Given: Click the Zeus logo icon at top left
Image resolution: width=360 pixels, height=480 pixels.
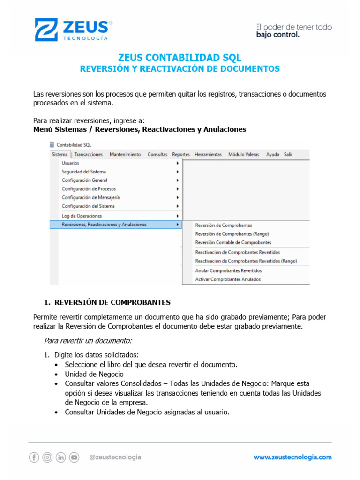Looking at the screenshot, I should (46, 30).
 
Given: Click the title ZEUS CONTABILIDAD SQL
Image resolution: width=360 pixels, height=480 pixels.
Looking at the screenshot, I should (180, 58).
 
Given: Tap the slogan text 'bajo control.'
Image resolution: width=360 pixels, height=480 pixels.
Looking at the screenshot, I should (277, 35).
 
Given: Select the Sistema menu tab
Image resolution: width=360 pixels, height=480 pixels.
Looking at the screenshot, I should (60, 155).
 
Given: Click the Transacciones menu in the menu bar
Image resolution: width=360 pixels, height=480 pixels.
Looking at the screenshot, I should (89, 155).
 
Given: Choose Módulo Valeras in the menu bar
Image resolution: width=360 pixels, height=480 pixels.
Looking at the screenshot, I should (243, 155).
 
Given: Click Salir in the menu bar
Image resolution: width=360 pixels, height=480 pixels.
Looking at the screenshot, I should (288, 155).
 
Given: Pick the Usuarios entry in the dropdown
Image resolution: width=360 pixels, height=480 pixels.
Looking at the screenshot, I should (70, 163).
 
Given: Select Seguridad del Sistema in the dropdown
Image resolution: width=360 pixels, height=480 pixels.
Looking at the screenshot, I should (84, 172).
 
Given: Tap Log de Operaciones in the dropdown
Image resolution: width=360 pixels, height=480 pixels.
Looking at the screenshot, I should (82, 216).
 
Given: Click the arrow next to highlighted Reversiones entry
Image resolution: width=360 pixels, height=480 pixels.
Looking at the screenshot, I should (177, 225).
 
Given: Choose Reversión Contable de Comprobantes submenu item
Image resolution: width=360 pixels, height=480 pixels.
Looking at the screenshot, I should (233, 242).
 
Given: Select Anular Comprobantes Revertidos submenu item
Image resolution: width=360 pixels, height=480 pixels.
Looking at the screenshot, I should (228, 270).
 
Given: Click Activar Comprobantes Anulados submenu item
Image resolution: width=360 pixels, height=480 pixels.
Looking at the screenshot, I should (228, 279).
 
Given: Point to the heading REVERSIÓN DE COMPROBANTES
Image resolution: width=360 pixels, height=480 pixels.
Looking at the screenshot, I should (112, 302).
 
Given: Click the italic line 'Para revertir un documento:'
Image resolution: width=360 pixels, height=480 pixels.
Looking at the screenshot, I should (88, 340).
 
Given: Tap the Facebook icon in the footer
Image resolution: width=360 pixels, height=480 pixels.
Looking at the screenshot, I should (34, 457).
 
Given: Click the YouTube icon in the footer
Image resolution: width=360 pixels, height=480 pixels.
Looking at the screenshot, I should (74, 457).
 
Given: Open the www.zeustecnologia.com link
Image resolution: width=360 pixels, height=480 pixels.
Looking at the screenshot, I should (292, 457).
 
